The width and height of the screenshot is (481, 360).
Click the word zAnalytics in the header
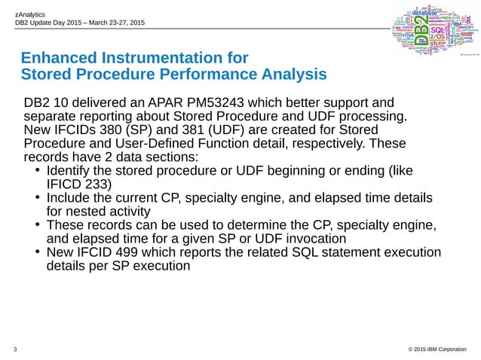pos(30,14)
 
